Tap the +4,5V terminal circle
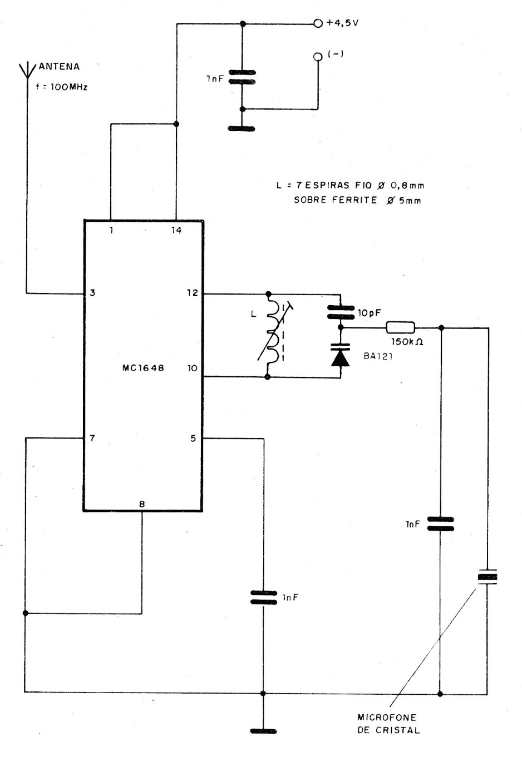[318, 23]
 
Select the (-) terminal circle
[318, 57]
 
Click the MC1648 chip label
[144, 367]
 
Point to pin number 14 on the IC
[176, 230]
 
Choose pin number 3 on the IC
[92, 292]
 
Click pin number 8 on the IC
[142, 504]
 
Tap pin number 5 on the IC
[193, 439]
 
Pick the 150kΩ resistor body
[400, 327]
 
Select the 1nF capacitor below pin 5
[263, 597]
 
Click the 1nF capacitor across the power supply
[242, 77]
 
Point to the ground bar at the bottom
[263, 731]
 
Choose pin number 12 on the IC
[193, 292]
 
